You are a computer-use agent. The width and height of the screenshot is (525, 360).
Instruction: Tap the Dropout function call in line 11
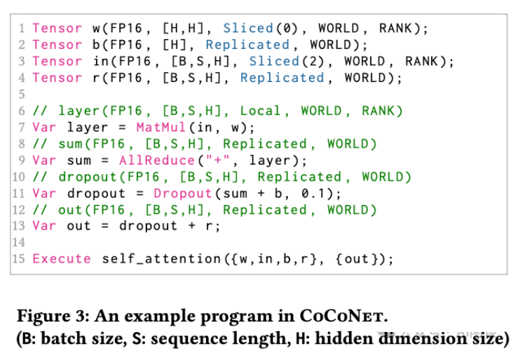183,193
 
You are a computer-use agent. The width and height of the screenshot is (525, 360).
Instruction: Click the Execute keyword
62,259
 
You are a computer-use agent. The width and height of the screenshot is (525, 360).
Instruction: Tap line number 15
19,259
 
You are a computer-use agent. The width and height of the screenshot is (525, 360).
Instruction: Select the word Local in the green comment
261,111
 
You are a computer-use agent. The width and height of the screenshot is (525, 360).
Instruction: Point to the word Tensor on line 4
57,78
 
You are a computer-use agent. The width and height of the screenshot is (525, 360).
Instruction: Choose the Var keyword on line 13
44,226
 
